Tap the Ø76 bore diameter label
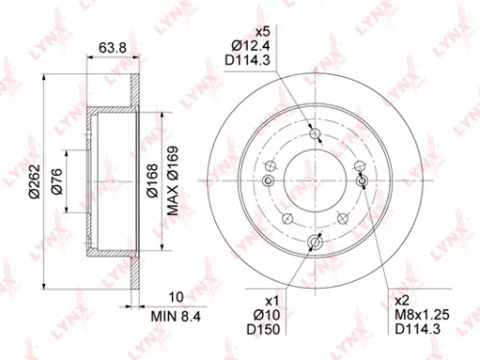[x=56, y=180]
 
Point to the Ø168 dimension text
[x=153, y=180]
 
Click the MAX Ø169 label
[x=173, y=180]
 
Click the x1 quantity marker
[x=271, y=299]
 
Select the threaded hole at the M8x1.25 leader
[x=362, y=180]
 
